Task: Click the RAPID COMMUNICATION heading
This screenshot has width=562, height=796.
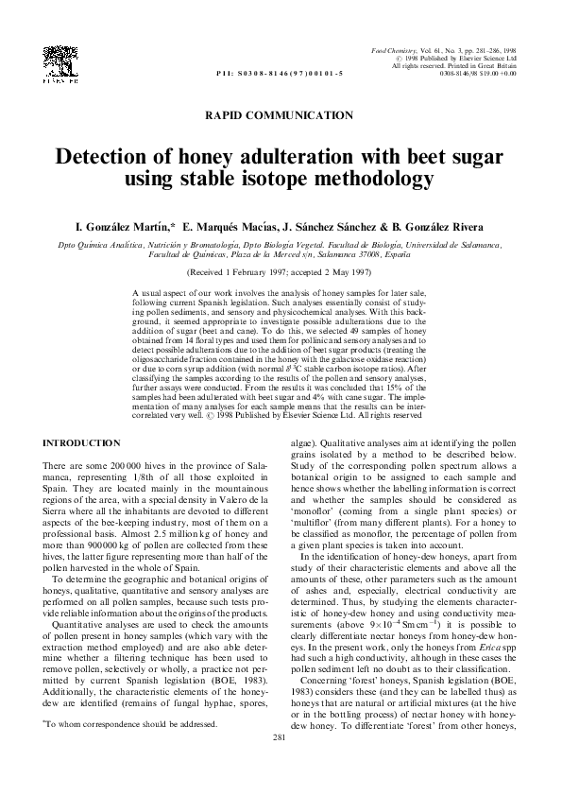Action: [x=280, y=114]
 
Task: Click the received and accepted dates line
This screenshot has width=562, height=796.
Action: [x=280, y=269]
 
